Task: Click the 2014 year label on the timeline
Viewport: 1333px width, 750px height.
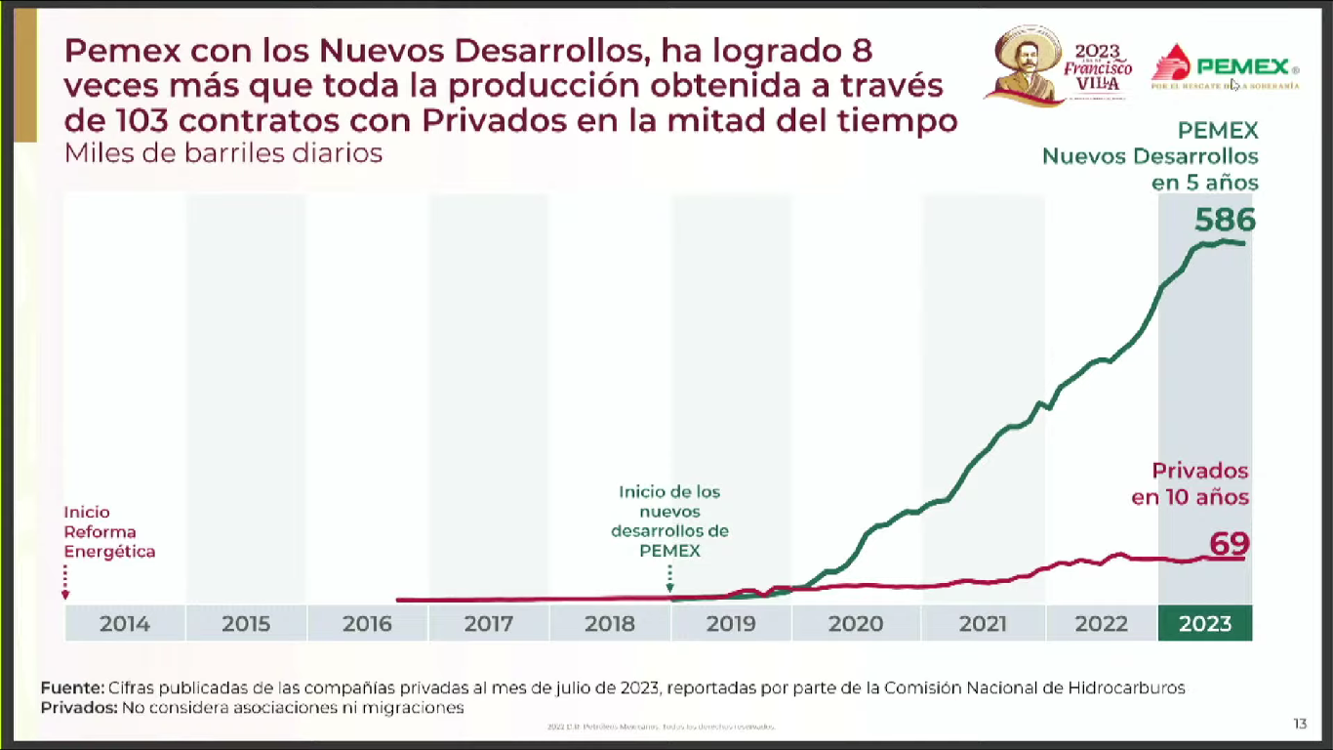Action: pos(125,624)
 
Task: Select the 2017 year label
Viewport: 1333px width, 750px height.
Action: pos(488,624)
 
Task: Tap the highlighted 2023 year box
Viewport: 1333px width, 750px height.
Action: pos(1205,624)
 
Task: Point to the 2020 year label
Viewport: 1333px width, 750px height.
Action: pos(856,624)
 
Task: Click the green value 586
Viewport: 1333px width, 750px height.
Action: pos(1225,221)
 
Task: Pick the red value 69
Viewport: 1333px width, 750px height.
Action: pos(1229,544)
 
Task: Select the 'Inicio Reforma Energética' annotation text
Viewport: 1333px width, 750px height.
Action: pos(109,532)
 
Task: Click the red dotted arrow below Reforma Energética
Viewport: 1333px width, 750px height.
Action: pos(65,581)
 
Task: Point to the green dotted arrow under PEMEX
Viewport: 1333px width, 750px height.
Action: pos(669,578)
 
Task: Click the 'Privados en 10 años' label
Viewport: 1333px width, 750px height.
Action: pos(1191,483)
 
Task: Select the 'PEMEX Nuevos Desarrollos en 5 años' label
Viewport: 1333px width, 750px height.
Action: pos(1151,156)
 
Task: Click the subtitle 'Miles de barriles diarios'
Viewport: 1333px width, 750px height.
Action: pos(223,153)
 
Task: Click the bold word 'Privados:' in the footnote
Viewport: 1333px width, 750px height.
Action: pos(78,707)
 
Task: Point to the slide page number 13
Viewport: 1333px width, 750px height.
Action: pos(1300,724)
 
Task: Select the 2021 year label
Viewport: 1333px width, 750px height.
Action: pos(983,624)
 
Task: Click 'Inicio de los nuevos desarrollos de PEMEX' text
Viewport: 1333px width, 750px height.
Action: pos(669,521)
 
